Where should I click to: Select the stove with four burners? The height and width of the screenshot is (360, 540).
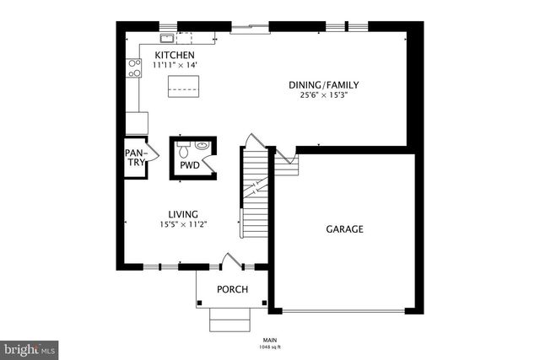click(x=134, y=67)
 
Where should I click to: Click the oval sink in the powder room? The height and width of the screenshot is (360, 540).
click(x=201, y=146)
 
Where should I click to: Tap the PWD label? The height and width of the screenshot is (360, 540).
click(x=189, y=165)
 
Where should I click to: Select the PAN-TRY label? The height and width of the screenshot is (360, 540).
click(x=134, y=158)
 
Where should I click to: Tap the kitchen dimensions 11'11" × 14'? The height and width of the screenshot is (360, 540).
click(x=174, y=65)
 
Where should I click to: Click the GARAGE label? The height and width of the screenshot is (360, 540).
click(x=345, y=228)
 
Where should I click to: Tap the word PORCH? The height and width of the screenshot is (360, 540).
click(x=232, y=290)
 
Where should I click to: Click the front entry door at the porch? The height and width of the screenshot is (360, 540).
click(x=229, y=262)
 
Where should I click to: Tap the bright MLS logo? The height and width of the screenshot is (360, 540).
click(x=30, y=347)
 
